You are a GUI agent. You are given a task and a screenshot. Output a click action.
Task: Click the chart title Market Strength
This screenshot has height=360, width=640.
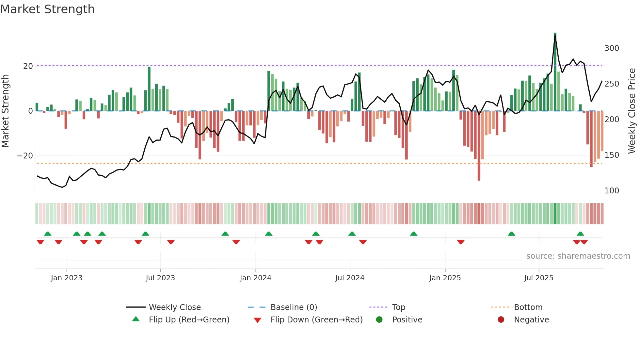click(x=47, y=9)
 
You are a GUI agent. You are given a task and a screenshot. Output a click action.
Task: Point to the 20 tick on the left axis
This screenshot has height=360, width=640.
click(x=28, y=66)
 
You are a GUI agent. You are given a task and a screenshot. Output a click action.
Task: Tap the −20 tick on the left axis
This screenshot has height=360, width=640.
click(x=25, y=156)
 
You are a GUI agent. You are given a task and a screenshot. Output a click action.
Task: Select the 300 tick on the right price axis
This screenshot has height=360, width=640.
click(x=612, y=48)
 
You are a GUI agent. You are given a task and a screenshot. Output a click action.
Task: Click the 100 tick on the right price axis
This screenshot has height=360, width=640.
click(x=612, y=191)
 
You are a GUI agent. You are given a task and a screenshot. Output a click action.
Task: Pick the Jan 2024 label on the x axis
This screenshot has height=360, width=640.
click(x=255, y=278)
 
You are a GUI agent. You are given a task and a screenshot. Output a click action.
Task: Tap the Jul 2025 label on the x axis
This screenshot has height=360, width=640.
click(x=538, y=278)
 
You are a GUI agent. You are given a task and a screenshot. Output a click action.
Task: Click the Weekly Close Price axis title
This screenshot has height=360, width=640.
click(x=632, y=111)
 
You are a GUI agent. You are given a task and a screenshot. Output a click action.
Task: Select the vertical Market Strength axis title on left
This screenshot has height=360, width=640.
click(x=6, y=111)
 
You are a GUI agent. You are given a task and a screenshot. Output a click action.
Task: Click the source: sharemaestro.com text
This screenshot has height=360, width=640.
click(x=578, y=256)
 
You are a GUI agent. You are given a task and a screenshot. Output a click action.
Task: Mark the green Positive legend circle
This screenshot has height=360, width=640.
click(x=379, y=320)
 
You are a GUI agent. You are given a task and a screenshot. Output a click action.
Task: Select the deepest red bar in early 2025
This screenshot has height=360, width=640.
click(x=479, y=147)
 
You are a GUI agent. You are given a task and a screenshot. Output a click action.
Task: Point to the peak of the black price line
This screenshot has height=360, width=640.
click(x=555, y=35)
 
